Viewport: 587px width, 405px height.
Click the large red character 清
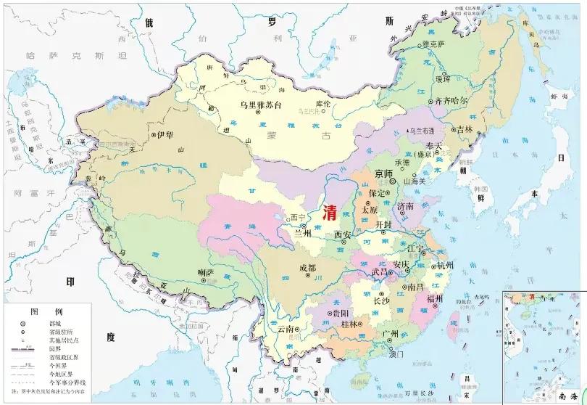coord(330,211)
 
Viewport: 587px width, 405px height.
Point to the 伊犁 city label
coord(165,136)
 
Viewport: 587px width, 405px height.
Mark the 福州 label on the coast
coord(435,298)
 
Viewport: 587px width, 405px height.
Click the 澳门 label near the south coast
coord(395,356)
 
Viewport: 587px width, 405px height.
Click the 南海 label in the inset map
coord(563,396)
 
